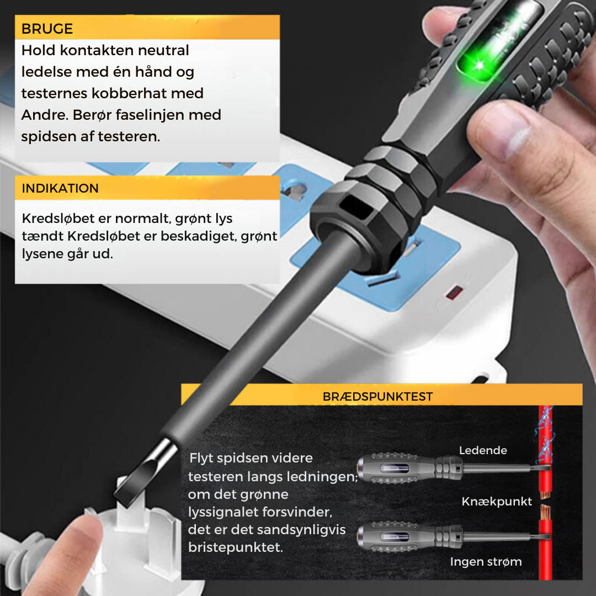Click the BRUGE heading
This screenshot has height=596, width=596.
(x=47, y=29)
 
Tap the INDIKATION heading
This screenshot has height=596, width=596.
(x=60, y=188)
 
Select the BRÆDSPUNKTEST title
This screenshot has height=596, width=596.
(x=377, y=397)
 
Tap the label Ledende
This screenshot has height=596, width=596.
(x=483, y=450)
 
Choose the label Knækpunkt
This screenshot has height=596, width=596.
(x=497, y=502)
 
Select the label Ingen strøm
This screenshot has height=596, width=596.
(x=486, y=562)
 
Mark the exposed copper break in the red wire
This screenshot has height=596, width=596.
(x=545, y=499)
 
